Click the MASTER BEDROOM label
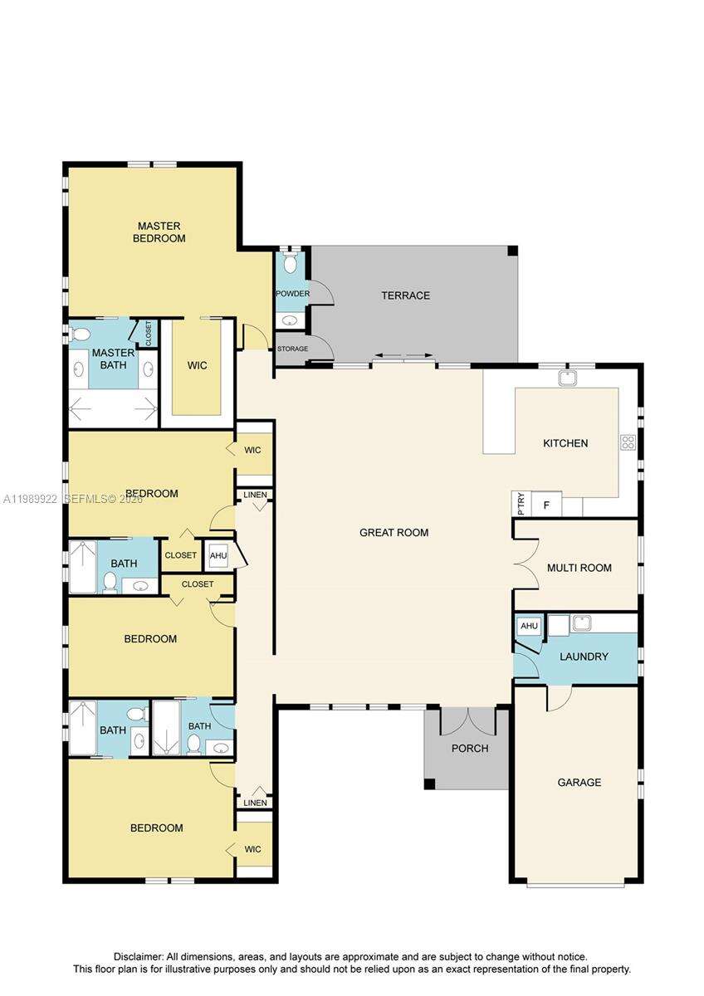[160, 232]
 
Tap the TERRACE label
[405, 295]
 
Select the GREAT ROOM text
[394, 533]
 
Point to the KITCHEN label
[565, 443]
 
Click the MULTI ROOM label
[579, 568]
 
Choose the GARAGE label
[579, 782]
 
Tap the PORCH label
[469, 748]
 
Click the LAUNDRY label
[584, 657]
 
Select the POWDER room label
[292, 294]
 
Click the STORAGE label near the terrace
[292, 349]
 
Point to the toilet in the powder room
[290, 263]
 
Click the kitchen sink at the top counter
[568, 378]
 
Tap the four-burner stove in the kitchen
[628, 442]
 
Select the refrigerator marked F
[546, 504]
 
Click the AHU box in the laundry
[528, 626]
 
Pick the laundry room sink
[581, 622]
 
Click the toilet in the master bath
[81, 334]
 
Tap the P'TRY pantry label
[521, 504]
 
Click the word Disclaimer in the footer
[139, 956]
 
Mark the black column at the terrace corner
[512, 251]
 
